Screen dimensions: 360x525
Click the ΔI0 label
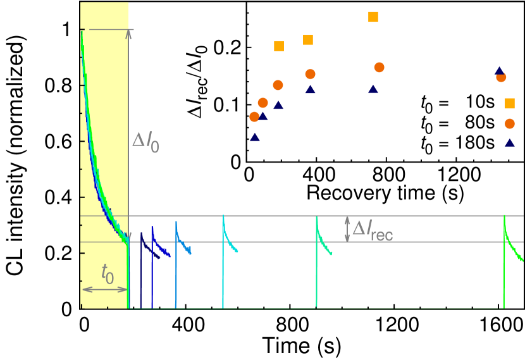coord(145,140)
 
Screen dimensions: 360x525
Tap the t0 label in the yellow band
coord(108,273)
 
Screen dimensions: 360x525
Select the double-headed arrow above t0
coord(105,289)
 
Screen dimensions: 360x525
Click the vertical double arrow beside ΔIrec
coord(347,229)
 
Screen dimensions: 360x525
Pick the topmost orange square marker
coord(373,17)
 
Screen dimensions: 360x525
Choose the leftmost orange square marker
coord(279,47)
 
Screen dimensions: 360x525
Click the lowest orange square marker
coord(510,103)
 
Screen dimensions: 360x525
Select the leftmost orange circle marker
coord(254,117)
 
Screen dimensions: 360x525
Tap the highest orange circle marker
coord(380,68)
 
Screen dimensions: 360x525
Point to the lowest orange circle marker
coord(510,123)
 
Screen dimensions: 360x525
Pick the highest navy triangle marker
coord(499,71)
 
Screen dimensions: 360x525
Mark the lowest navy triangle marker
coord(510,142)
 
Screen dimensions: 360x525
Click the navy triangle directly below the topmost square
coord(373,89)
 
